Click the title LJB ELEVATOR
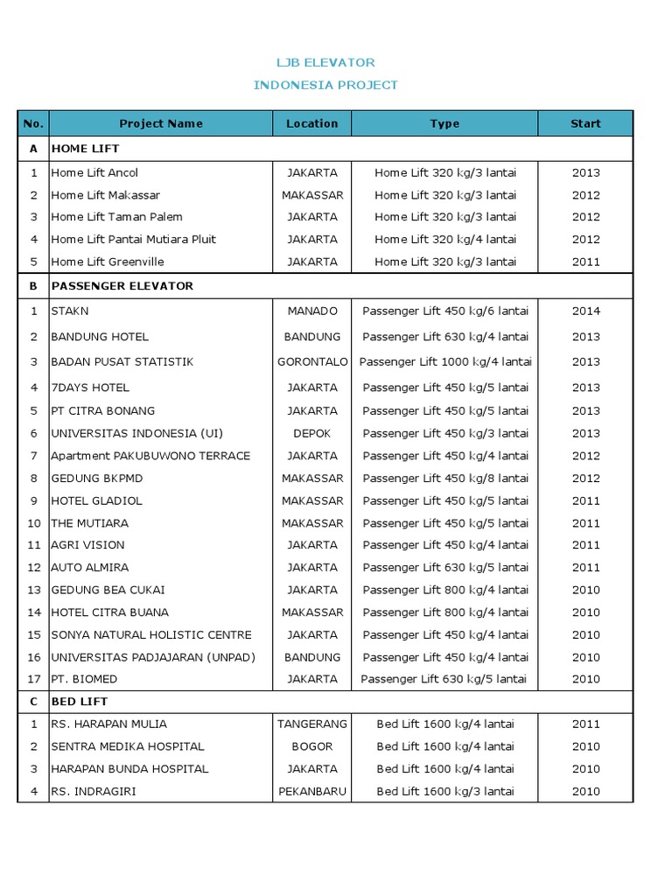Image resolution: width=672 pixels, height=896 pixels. tap(325, 62)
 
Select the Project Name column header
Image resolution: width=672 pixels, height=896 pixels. tap(161, 123)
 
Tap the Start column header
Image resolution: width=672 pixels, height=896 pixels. tap(585, 123)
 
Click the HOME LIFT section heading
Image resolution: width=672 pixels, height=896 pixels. tap(85, 150)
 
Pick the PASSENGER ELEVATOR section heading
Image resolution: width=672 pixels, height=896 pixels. tap(122, 286)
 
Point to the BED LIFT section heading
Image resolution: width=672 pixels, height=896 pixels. tap(80, 702)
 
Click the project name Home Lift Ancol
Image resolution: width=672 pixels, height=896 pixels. tap(94, 172)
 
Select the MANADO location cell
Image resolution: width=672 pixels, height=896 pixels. tap(312, 311)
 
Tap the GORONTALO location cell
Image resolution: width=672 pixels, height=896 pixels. tap(312, 361)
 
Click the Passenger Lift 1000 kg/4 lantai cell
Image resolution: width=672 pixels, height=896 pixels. tap(445, 361)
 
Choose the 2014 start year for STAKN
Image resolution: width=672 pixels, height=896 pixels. tap(585, 311)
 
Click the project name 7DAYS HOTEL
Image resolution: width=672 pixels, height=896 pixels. tap(90, 388)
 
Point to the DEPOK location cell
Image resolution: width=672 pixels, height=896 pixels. tap(312, 433)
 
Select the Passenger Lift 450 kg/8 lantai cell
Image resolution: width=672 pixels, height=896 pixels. tap(445, 479)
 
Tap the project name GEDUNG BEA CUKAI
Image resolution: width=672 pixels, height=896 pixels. tap(108, 590)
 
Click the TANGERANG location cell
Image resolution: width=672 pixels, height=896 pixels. tap(312, 724)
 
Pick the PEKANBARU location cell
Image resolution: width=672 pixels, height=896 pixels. tap(312, 792)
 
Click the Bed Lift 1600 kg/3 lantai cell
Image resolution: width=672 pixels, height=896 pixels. tap(445, 792)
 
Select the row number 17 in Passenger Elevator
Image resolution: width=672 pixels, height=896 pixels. tap(34, 679)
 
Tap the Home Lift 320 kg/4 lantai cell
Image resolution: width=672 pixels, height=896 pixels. tap(445, 239)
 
